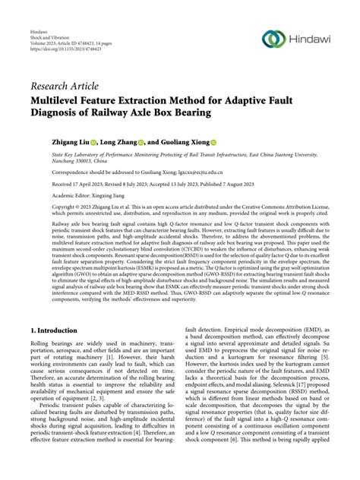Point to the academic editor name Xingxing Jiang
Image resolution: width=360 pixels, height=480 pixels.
click(103, 195)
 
